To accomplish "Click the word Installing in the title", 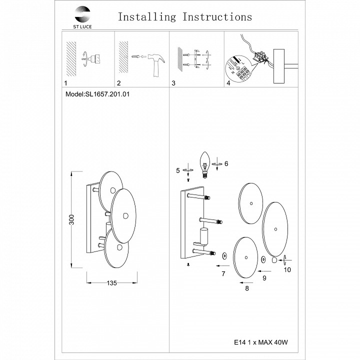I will (x=146, y=16).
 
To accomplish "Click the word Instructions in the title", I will (x=217, y=16).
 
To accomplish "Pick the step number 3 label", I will (x=173, y=83).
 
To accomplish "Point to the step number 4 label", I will (x=228, y=83).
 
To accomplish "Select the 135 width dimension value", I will (x=111, y=283).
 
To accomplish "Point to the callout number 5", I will (x=177, y=170).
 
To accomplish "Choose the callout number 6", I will (x=226, y=163).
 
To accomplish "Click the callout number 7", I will (x=223, y=273).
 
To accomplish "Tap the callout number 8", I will (x=246, y=288).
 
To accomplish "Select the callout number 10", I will (x=287, y=270).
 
